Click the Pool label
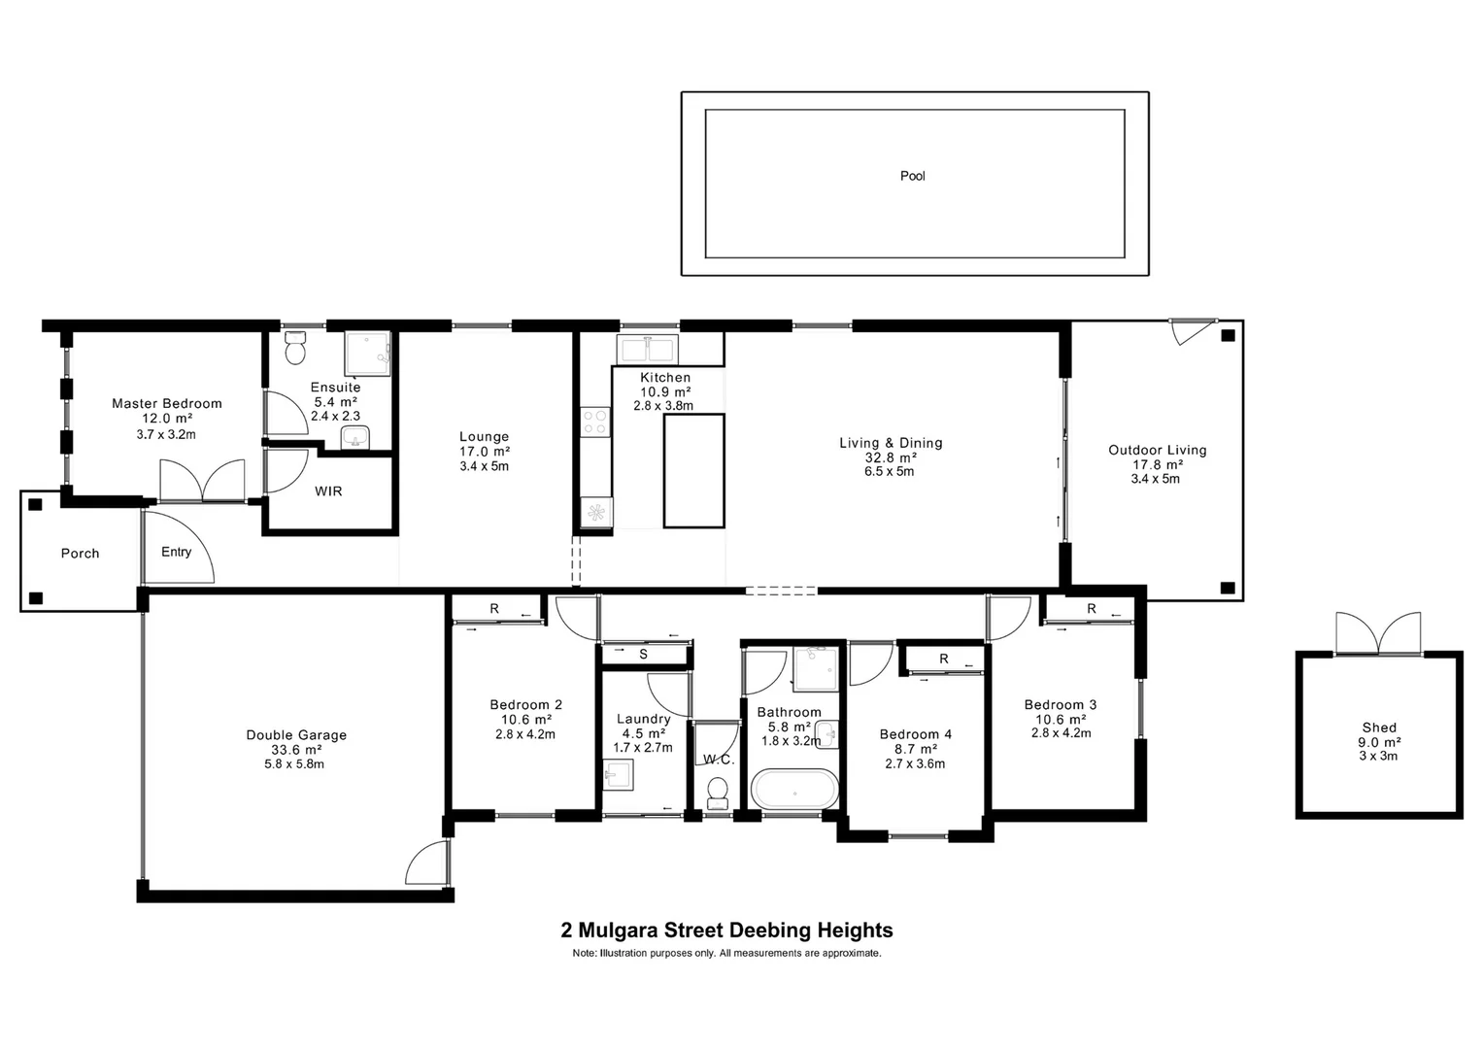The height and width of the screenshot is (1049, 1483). tap(912, 176)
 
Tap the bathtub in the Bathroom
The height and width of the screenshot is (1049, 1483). tap(795, 789)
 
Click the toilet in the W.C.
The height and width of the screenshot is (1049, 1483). tap(718, 793)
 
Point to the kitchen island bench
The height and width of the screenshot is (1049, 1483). tap(693, 470)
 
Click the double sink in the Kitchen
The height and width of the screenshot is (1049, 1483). tap(648, 349)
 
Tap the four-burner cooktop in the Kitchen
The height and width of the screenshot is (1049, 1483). tap(595, 422)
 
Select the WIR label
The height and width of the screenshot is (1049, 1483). tap(328, 491)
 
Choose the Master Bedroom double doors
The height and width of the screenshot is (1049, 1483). tap(202, 481)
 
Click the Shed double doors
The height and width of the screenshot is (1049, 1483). tap(1378, 633)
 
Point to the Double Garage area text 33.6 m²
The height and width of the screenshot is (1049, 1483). tap(295, 750)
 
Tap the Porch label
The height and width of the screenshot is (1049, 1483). tap(80, 554)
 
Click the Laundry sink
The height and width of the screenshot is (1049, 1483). tap(619, 775)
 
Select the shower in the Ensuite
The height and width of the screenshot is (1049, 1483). tap(369, 354)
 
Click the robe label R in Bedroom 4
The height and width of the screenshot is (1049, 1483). tap(943, 660)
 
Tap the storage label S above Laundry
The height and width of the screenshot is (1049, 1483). tap(643, 655)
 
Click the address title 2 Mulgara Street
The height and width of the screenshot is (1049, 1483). tap(726, 931)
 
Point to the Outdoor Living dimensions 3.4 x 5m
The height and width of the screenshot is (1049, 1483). tap(1157, 479)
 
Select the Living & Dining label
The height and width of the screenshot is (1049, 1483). tap(891, 443)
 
